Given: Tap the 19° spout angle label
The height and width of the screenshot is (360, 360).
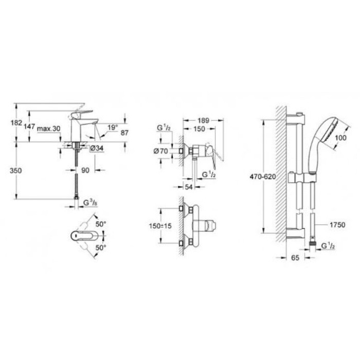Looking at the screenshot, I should pyautogui.click(x=113, y=127).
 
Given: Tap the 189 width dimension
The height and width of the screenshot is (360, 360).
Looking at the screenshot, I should pyautogui.click(x=204, y=120).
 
